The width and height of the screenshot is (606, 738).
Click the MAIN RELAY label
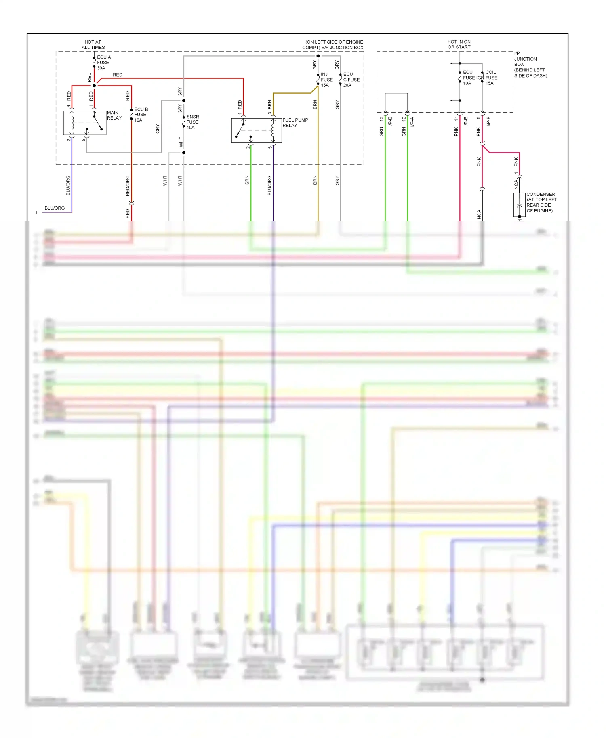(x=114, y=115)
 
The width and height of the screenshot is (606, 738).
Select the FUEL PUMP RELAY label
(x=295, y=123)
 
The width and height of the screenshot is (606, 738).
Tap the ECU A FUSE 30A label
(x=103, y=63)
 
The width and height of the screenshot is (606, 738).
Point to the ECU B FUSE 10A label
(x=141, y=115)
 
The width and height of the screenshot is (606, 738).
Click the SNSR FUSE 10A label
(x=192, y=122)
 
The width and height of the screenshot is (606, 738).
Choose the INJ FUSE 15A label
(x=326, y=80)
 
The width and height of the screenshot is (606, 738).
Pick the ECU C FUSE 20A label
(x=351, y=80)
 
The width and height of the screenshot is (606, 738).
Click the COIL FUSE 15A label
(x=491, y=78)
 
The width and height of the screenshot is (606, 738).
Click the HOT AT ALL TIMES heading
(x=93, y=44)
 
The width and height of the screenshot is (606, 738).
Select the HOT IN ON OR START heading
(x=459, y=44)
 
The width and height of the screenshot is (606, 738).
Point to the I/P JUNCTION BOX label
(x=530, y=65)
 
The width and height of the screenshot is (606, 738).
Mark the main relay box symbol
(x=84, y=123)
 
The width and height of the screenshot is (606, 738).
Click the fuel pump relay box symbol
(x=256, y=130)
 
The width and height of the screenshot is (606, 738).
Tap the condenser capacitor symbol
(x=519, y=205)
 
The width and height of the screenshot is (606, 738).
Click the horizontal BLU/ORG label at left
(x=55, y=208)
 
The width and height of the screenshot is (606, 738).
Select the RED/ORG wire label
(x=128, y=186)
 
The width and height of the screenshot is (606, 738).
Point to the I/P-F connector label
(x=488, y=122)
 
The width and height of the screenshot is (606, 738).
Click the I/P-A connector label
(x=412, y=122)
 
